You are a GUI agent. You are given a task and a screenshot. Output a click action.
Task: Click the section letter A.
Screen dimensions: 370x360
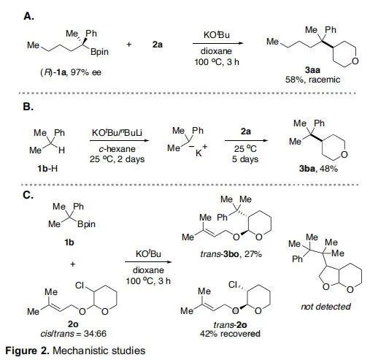[28, 17]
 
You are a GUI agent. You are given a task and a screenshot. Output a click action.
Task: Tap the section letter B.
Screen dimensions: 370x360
[28, 107]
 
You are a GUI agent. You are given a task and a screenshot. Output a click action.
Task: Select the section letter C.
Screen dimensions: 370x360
[28, 195]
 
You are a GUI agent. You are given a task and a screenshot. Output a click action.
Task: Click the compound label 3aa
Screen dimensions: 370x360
[312, 70]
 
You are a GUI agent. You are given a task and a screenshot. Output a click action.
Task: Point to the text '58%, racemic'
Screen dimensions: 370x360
[312, 80]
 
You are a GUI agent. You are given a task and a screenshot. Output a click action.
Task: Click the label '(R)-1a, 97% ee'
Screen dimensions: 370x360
[71, 72]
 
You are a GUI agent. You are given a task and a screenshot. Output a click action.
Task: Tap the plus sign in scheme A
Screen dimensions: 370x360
[129, 45]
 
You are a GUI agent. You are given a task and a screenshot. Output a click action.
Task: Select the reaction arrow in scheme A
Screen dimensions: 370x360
[217, 44]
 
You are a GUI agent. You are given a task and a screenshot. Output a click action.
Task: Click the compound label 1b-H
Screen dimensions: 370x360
[47, 169]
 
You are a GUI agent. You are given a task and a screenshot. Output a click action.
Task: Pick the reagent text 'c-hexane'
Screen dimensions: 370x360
[117, 149]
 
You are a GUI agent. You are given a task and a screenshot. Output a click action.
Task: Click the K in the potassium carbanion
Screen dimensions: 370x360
[199, 153]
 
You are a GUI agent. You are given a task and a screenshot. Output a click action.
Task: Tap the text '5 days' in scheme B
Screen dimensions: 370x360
[245, 159]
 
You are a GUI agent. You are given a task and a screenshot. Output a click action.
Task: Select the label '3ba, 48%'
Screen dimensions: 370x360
[318, 169]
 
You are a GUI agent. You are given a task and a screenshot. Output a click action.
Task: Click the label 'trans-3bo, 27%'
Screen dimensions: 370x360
[231, 254]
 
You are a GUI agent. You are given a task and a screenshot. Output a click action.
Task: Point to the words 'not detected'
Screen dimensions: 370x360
[326, 307]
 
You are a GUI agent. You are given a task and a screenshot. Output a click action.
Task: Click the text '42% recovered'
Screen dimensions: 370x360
[230, 334]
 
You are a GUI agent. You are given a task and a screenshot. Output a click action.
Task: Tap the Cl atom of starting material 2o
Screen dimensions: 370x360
[80, 285]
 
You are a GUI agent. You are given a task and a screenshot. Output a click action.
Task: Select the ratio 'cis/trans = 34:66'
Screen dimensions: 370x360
[74, 333]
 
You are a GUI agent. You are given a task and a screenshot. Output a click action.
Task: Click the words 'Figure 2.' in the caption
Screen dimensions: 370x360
[27, 351]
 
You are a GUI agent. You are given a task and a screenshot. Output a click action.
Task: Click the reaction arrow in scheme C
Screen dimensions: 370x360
[149, 262]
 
